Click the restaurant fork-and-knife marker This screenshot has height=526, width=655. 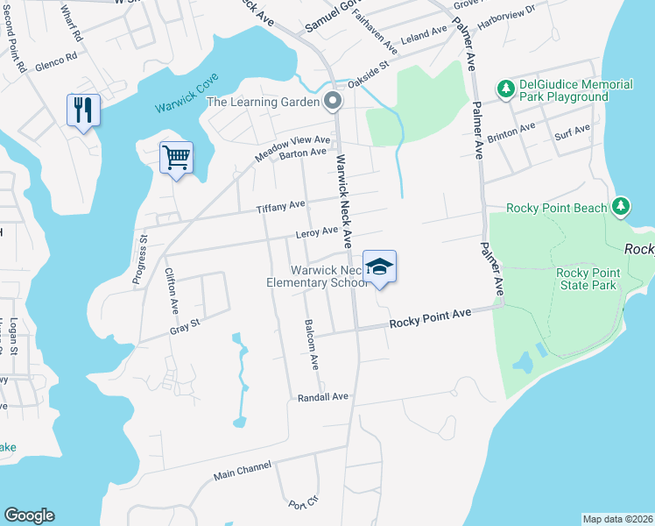point(83,110)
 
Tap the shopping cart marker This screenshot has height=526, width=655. point(176,158)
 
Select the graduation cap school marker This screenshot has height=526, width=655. point(379,267)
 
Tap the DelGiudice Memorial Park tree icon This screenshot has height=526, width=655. point(505,89)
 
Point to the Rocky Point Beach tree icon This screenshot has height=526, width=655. point(621,207)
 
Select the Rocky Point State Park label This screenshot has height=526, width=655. point(588,279)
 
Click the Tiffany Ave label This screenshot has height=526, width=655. point(280,207)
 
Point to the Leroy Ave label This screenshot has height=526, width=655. point(316,232)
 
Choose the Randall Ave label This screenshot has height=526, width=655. point(323,397)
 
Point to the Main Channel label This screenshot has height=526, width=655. point(243,472)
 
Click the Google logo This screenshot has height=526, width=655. point(29,515)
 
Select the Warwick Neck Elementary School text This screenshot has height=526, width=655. point(317,276)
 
